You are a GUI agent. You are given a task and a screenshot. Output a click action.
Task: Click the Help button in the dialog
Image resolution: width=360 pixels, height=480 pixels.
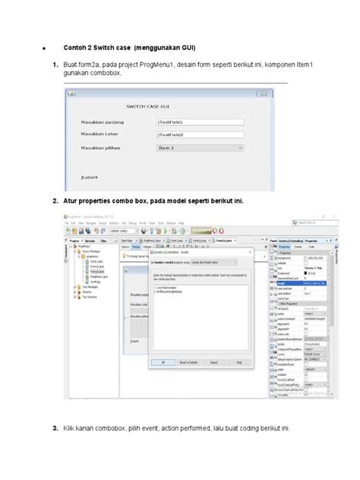click(x=238, y=363)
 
